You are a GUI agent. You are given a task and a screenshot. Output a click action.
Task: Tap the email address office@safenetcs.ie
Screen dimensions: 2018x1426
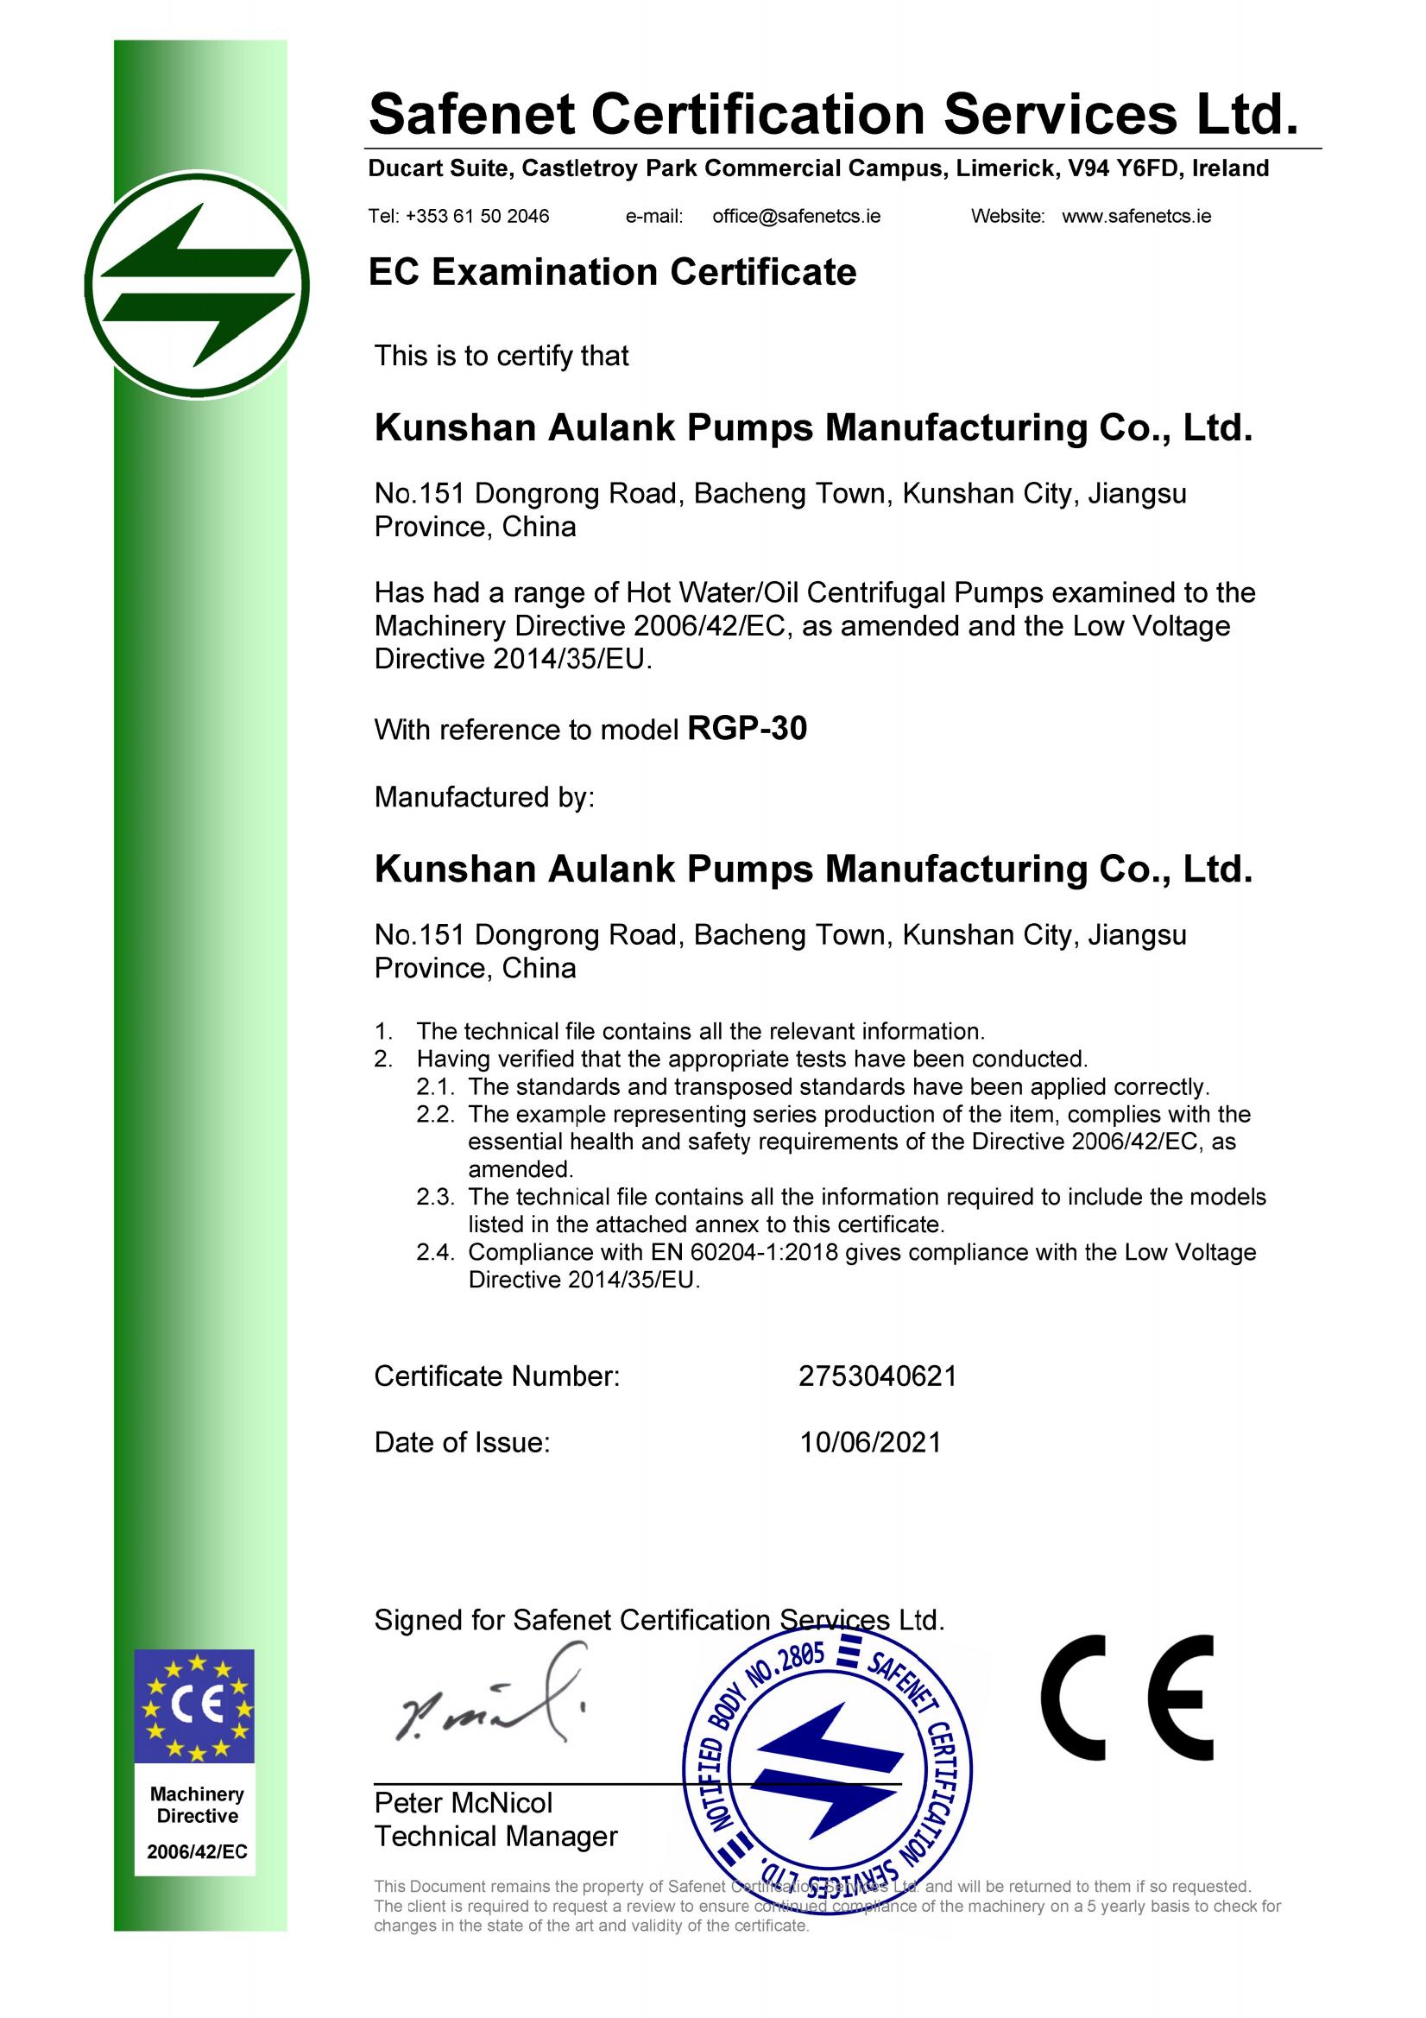tap(796, 216)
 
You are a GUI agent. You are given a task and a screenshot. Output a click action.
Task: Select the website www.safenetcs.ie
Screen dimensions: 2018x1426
tap(1136, 216)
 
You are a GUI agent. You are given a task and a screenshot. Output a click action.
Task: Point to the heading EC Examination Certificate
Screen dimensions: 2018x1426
tap(611, 273)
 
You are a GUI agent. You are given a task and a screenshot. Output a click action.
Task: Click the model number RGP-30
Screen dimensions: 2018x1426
tap(747, 730)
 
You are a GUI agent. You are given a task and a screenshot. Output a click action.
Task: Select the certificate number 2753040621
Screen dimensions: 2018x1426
tap(877, 1376)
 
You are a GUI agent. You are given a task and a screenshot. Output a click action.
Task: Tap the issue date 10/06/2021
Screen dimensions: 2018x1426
tap(870, 1442)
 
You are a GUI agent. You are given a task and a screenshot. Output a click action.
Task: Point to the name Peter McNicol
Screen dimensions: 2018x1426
tap(463, 1804)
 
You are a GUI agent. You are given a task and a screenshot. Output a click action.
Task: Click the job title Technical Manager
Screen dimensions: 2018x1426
tap(495, 1837)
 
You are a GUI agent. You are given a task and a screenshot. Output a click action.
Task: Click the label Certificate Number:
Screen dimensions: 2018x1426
tap(496, 1376)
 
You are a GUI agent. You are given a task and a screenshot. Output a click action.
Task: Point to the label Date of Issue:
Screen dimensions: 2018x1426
tap(461, 1442)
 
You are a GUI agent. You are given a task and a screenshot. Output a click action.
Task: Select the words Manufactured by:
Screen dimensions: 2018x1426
tap(484, 797)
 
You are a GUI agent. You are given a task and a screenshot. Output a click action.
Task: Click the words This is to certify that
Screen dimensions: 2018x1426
tap(501, 356)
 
